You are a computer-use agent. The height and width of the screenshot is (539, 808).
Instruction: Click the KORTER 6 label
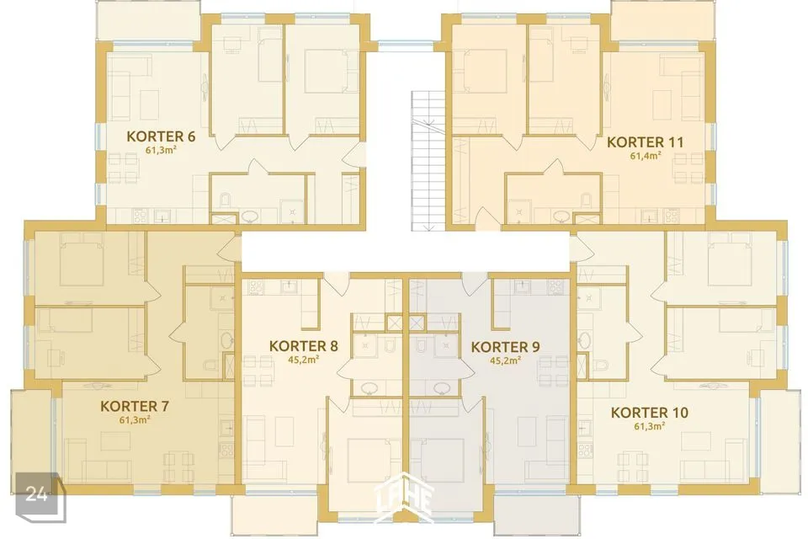161,136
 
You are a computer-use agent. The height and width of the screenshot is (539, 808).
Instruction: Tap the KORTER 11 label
646,141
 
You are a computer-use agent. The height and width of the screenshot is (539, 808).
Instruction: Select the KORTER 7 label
135,407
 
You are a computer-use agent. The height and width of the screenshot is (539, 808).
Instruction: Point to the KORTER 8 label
304,346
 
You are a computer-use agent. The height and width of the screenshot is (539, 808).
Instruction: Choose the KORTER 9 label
506,347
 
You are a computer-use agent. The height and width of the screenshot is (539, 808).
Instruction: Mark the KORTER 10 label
649,413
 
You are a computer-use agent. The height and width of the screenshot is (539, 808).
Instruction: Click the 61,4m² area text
646,155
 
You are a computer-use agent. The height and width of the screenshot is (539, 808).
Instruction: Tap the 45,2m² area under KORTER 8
304,360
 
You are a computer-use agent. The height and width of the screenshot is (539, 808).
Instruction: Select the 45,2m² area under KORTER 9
505,360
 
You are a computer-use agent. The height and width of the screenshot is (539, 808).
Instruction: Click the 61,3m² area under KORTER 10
649,426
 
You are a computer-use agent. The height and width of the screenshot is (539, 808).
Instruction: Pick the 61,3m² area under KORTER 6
161,150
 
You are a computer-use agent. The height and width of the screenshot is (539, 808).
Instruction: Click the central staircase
428,160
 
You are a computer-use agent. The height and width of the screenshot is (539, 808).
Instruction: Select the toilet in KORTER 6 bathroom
226,200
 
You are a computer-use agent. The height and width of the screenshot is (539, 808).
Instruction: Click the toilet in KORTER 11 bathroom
586,200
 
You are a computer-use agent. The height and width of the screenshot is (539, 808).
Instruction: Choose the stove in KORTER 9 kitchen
555,287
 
